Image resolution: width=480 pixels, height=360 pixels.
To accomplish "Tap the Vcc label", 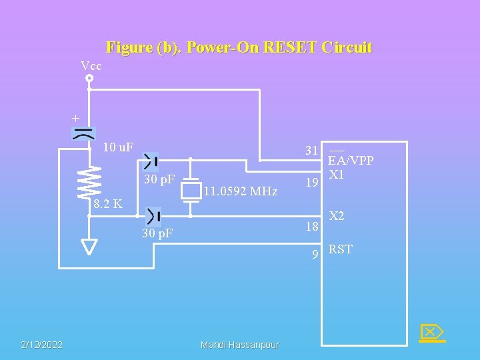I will (x=91, y=65).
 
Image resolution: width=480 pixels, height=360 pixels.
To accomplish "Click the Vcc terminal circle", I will (x=89, y=78).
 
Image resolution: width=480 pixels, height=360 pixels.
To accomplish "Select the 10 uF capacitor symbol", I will (x=83, y=133).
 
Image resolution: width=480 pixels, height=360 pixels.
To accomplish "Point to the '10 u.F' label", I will (x=118, y=147).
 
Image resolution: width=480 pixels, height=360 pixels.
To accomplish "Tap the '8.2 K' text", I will (x=108, y=203).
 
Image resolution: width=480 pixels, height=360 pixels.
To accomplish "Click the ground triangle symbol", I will (x=89, y=246).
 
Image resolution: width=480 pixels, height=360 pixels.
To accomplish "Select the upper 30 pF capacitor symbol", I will (x=151, y=160).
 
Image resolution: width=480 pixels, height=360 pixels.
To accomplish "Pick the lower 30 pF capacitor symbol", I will (x=153, y=216).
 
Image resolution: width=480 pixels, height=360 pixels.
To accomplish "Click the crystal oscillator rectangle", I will (x=191, y=191).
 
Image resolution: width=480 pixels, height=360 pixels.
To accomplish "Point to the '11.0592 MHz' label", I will (x=240, y=192).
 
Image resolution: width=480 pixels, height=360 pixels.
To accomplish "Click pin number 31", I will (x=311, y=151).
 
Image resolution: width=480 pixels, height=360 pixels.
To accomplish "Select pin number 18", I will (x=312, y=227).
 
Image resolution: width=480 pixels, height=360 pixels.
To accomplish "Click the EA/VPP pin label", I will (x=351, y=160).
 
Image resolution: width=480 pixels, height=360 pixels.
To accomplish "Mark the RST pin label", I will (x=341, y=249).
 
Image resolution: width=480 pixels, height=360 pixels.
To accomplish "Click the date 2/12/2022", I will (x=41, y=345).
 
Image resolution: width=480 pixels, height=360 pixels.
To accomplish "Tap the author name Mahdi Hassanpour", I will (x=240, y=345).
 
